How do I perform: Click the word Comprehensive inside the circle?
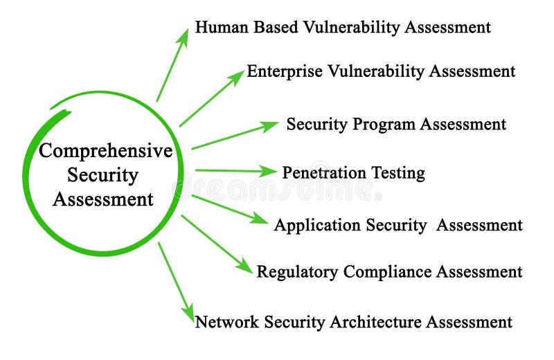[105, 152]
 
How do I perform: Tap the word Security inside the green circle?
[103, 175]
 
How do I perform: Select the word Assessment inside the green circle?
[103, 199]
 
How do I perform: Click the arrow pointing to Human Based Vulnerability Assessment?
[172, 65]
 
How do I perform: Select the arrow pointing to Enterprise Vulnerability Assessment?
[211, 98]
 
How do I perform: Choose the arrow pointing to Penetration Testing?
[235, 170]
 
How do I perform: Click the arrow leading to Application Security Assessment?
[229, 209]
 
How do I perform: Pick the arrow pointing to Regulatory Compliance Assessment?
[217, 244]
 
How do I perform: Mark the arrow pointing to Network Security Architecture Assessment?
[176, 281]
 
